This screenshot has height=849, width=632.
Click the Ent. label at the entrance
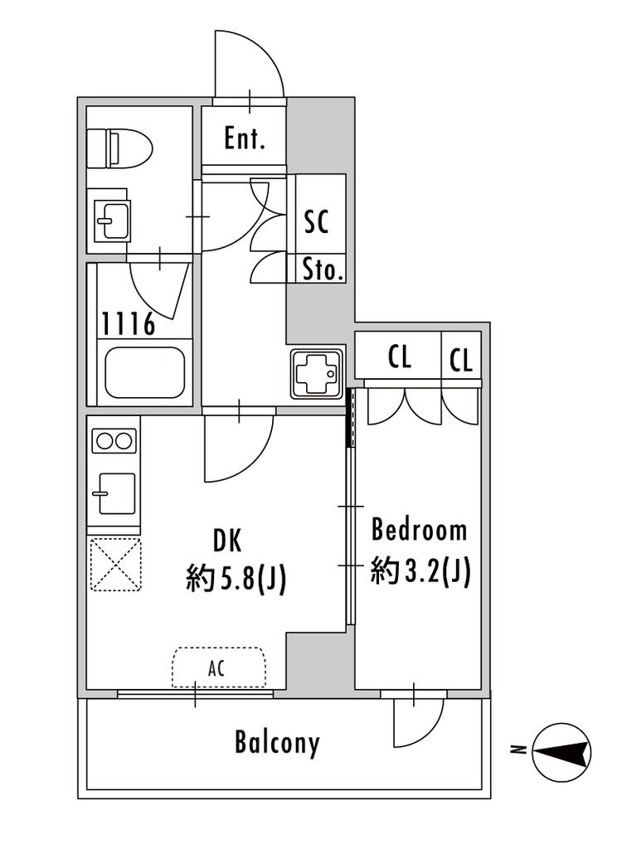245,138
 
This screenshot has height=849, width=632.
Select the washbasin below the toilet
112,221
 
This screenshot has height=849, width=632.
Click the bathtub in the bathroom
144,372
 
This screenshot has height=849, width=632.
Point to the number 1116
129,324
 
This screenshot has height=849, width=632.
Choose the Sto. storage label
323,269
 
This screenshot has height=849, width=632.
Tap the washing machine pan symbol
318,374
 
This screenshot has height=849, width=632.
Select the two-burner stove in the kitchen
114,441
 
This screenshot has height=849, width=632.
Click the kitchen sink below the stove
114,493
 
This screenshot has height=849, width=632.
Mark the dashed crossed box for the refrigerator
115,564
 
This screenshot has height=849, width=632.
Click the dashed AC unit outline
219,667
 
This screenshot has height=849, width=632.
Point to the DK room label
227,540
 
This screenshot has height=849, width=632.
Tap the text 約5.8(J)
236,579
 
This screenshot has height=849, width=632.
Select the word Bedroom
419,530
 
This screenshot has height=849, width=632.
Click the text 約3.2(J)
421,570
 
